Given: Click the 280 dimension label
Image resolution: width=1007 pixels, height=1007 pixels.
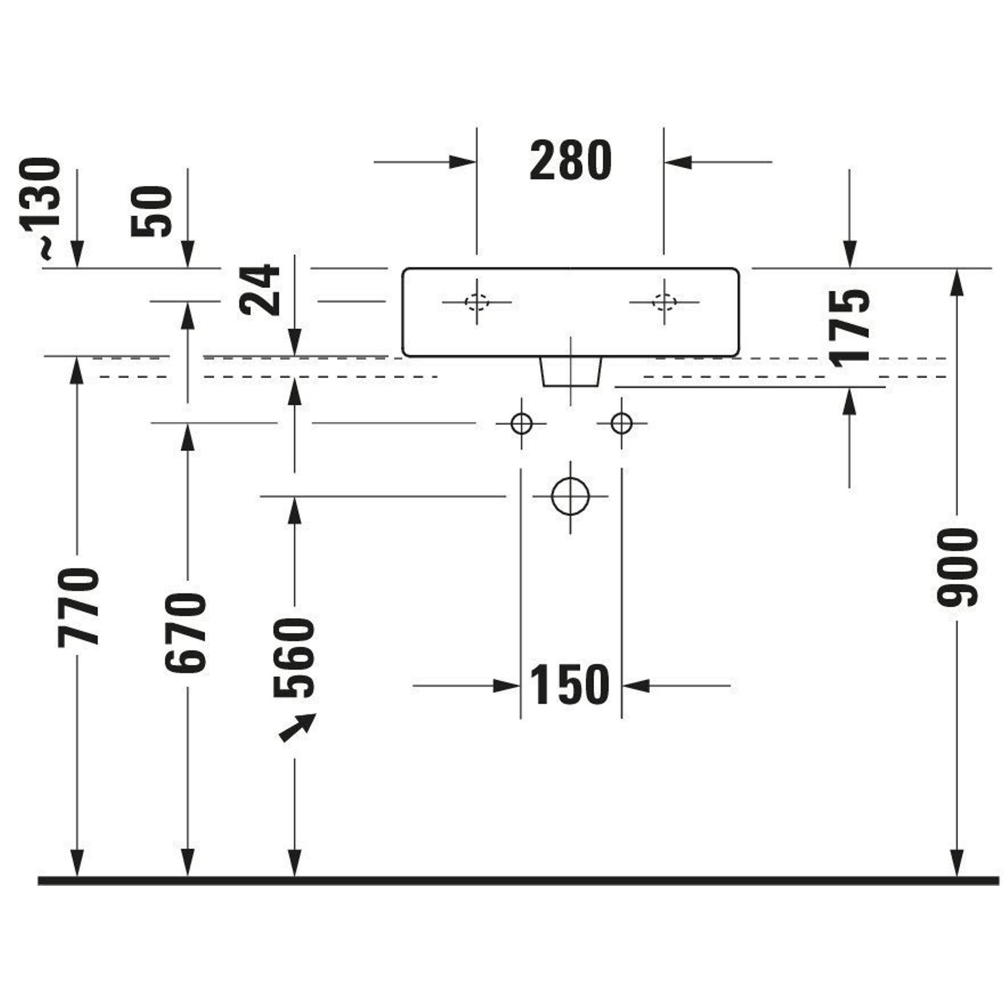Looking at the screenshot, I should click(x=570, y=161).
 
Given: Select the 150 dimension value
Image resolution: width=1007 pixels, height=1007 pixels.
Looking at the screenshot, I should click(x=569, y=685).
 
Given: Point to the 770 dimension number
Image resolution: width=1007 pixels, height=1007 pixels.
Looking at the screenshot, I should click(x=78, y=607).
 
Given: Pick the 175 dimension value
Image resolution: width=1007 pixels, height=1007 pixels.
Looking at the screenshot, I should click(x=849, y=328).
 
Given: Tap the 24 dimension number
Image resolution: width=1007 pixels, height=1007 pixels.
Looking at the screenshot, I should click(x=261, y=290).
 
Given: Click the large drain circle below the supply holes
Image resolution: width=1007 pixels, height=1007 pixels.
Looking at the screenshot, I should click(x=570, y=496).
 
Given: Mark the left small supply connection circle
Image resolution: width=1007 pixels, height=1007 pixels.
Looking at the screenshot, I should click(x=521, y=423).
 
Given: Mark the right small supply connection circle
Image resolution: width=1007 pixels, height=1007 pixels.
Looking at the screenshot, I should click(x=621, y=423).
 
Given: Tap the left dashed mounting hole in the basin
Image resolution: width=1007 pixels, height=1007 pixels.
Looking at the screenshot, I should click(x=476, y=302).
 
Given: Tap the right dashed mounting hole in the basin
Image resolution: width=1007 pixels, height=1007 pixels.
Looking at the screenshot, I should click(x=664, y=302).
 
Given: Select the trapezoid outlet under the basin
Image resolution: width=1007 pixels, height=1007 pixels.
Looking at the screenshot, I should click(x=571, y=372).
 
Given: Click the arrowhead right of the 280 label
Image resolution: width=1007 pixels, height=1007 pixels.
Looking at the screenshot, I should click(x=678, y=162).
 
